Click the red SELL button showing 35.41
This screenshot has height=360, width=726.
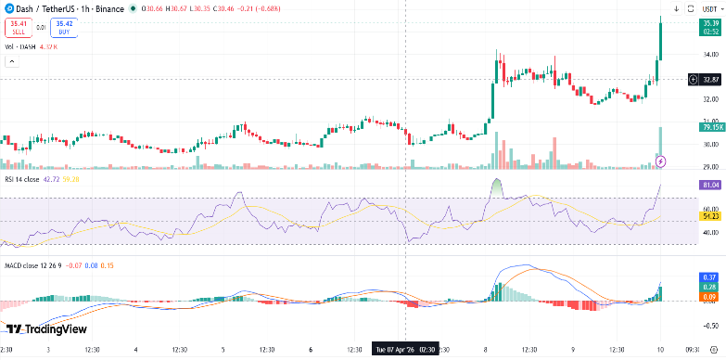pyautogui.click(x=19, y=27)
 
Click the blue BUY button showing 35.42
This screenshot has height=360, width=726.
pyautogui.click(x=64, y=27)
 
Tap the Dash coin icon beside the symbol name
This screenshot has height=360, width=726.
pyautogui.click(x=8, y=8)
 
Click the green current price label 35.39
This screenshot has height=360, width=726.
pyautogui.click(x=710, y=24)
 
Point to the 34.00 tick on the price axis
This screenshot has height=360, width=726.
pyautogui.click(x=710, y=54)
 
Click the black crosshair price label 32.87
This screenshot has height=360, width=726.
pyautogui.click(x=710, y=80)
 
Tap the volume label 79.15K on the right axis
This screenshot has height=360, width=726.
pyautogui.click(x=710, y=127)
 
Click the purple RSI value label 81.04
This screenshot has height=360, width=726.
pyautogui.click(x=710, y=185)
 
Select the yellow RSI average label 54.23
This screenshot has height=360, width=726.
pyautogui.click(x=710, y=215)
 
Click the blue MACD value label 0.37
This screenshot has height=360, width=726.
pyautogui.click(x=710, y=276)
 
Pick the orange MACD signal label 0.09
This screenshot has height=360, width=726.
pyautogui.click(x=710, y=297)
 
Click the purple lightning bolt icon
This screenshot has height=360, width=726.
pyautogui.click(x=660, y=161)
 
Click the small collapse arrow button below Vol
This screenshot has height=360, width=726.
pyautogui.click(x=11, y=62)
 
